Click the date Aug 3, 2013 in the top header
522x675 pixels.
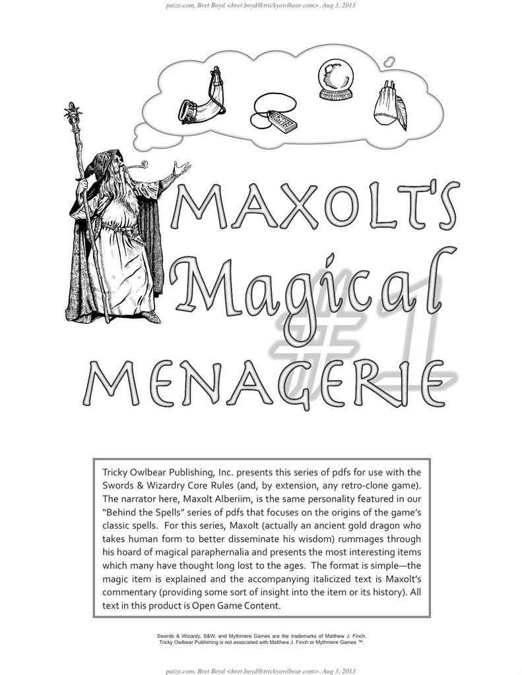339,7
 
